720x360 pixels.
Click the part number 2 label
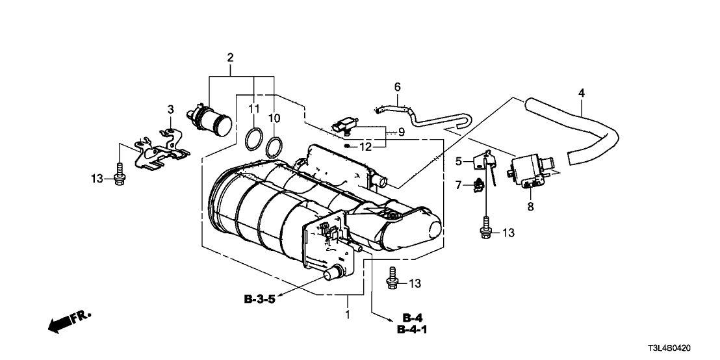click(229, 58)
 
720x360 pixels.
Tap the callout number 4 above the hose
click(581, 94)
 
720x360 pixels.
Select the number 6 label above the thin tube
click(398, 87)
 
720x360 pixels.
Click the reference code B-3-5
click(264, 300)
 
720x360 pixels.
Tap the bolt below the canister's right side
click(392, 279)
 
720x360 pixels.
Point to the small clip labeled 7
click(480, 186)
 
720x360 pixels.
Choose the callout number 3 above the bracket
click(170, 109)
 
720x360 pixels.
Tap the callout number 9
click(402, 133)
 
